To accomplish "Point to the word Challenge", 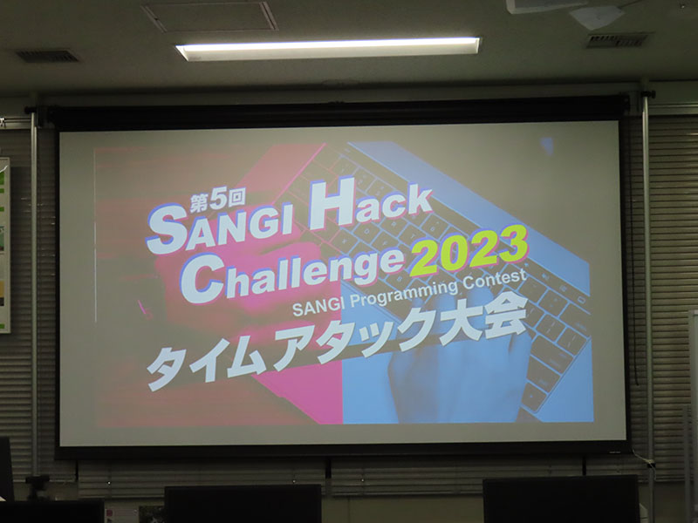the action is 292,275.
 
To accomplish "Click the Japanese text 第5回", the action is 217,200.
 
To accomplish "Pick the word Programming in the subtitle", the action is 404,295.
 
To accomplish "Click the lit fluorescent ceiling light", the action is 329,48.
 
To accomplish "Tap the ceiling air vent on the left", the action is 47,56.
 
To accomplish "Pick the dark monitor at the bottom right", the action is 561,499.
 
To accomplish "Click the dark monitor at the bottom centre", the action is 243,503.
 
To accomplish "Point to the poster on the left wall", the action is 4,245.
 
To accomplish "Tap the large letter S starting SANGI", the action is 167,231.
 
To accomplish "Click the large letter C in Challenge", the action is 202,279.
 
